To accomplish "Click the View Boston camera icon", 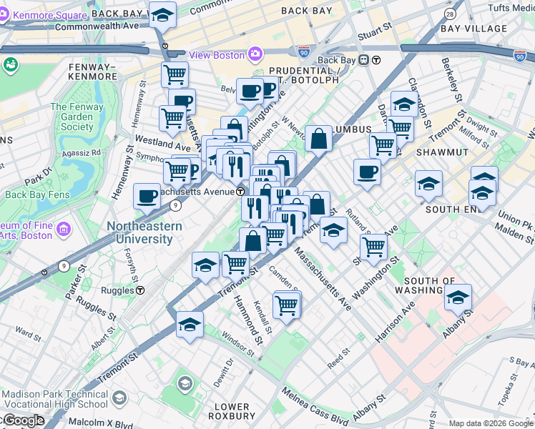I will coord(255,55).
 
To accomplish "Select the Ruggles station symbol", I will coord(141,290).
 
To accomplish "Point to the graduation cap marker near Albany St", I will coord(458,298).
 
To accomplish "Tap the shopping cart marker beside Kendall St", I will coord(286,305).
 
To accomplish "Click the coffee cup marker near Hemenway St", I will coord(147,196).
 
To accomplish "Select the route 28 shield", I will coord(449,14).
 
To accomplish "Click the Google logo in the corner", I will coord(23,420).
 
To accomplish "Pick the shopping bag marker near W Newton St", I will coord(318,138).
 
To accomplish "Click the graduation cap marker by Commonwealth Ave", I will coord(163,14).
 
